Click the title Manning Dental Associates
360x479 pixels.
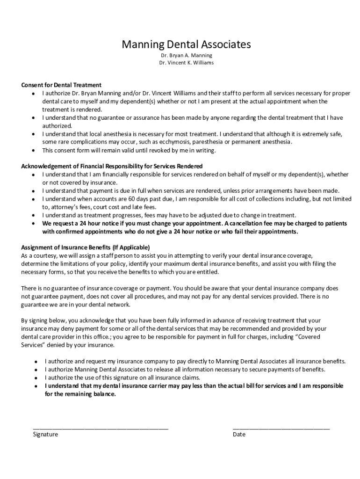(186, 44)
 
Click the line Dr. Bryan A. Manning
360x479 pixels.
(186, 55)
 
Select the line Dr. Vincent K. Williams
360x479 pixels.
(186, 62)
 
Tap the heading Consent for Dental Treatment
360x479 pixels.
(61, 85)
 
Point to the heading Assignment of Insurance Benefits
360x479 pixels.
(86, 247)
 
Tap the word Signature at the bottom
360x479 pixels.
(45, 434)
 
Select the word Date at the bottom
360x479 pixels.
(239, 434)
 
